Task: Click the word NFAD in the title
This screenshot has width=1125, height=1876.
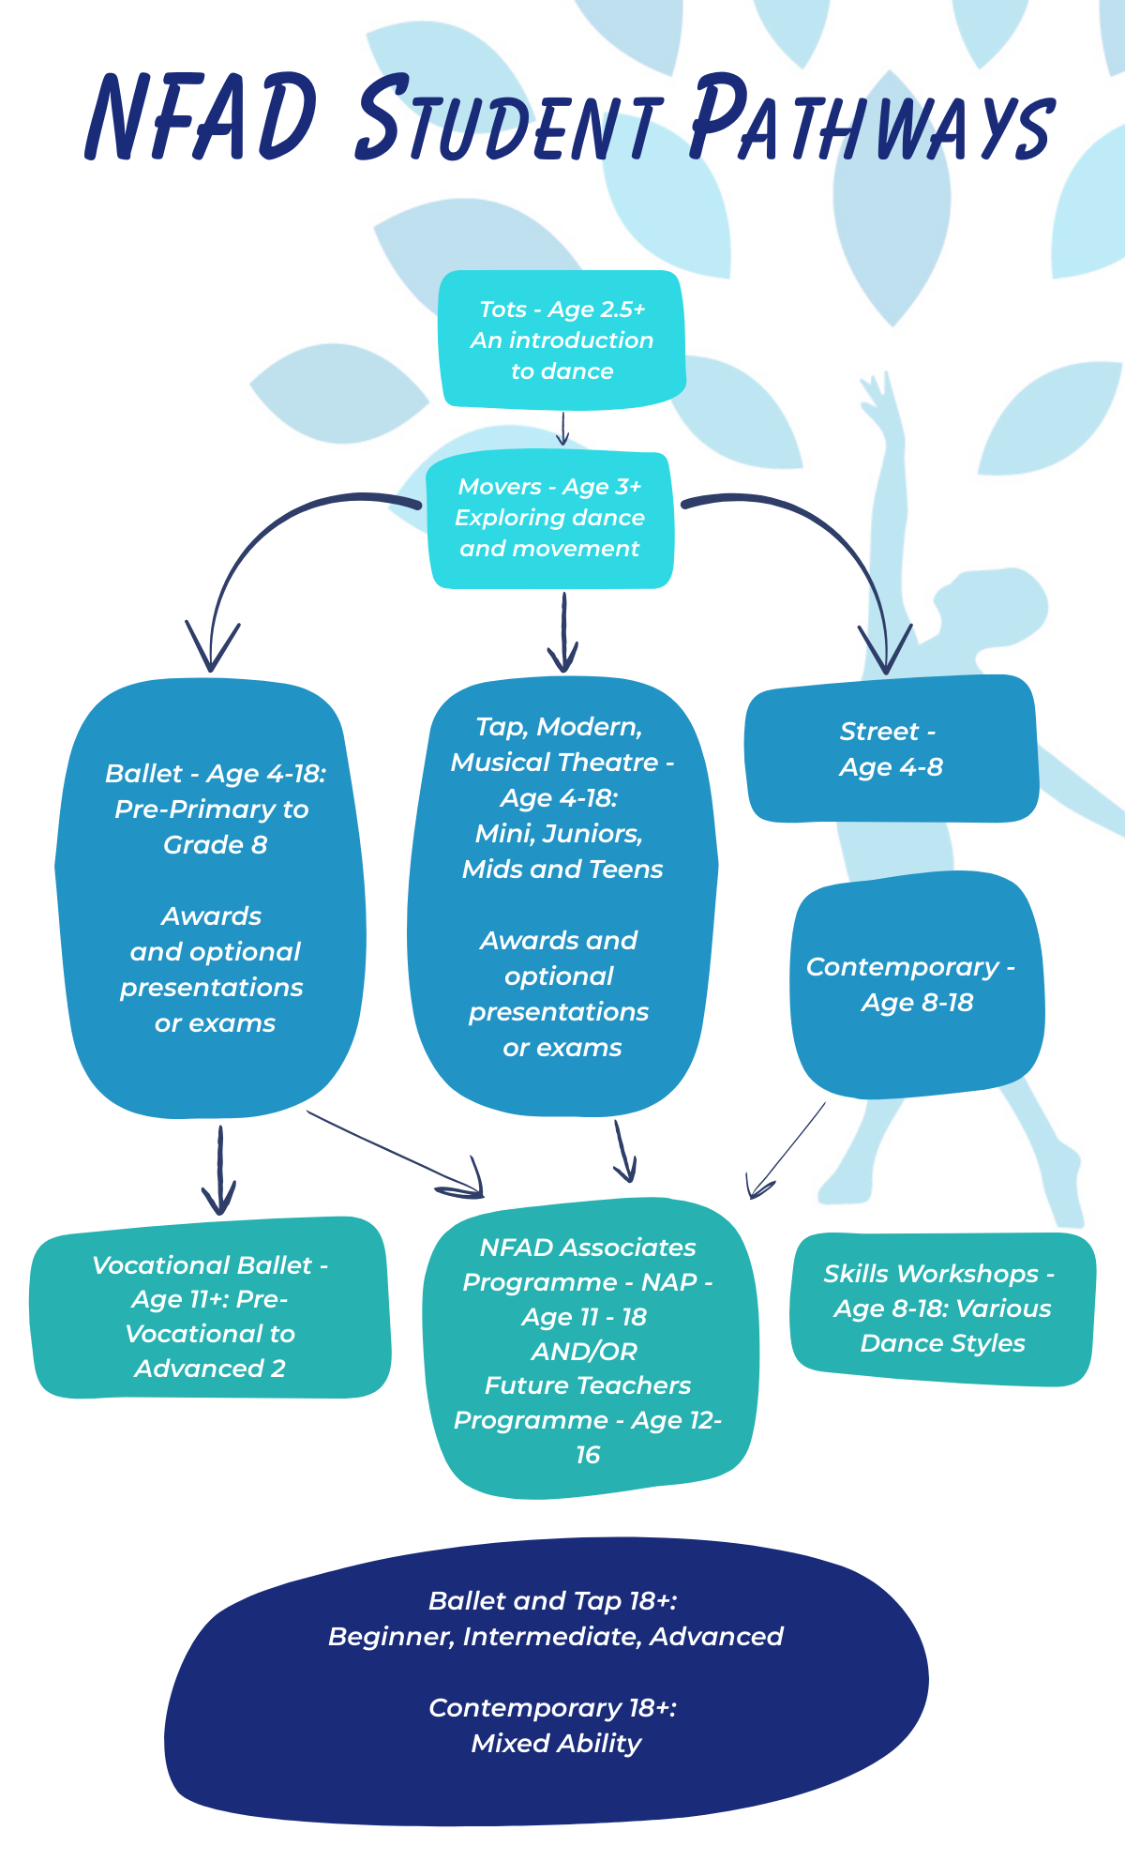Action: click(202, 117)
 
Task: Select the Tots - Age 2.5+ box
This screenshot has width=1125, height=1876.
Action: click(562, 340)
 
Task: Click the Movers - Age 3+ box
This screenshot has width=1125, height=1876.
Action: click(550, 519)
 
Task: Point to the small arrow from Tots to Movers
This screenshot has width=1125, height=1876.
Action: click(562, 429)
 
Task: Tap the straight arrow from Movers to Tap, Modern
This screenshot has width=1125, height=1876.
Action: click(562, 633)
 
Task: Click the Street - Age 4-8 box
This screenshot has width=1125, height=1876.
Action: click(891, 749)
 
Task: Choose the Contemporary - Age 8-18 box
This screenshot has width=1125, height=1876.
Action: click(916, 985)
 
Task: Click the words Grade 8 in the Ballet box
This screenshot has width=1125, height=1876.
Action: click(215, 845)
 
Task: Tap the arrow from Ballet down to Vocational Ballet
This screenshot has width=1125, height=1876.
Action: click(219, 1172)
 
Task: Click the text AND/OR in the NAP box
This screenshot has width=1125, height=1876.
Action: click(584, 1352)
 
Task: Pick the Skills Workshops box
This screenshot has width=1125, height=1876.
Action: click(941, 1309)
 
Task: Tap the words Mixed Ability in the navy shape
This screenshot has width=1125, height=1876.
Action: click(556, 1744)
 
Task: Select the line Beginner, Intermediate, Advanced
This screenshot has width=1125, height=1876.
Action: click(556, 1637)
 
